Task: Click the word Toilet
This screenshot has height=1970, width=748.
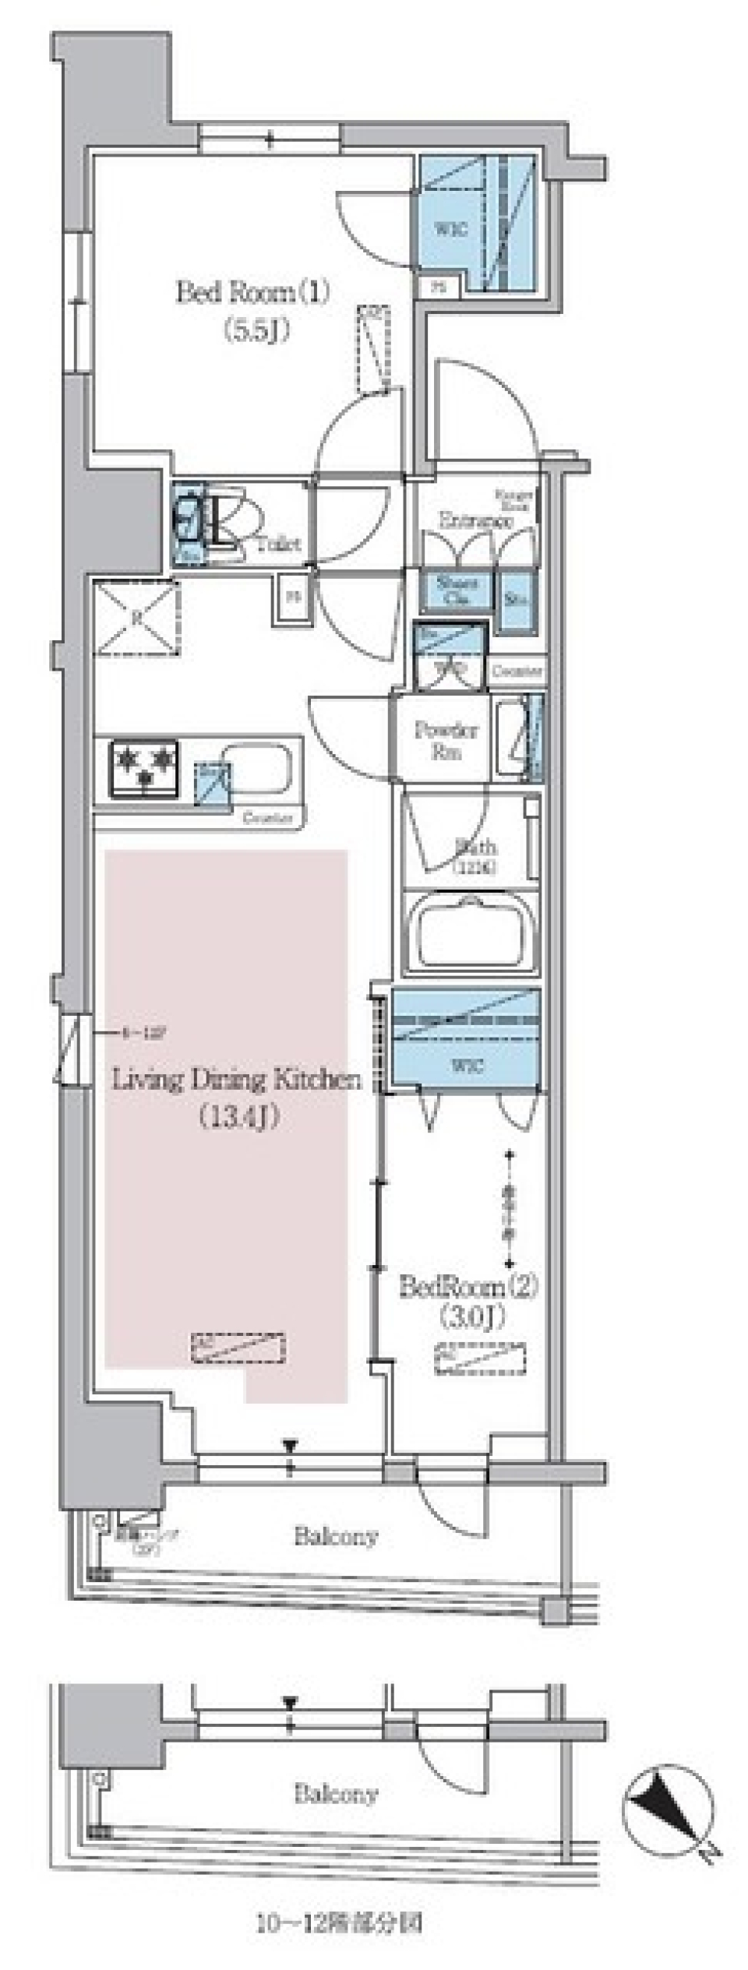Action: pyautogui.click(x=279, y=544)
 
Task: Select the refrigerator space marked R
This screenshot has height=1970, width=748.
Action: pyautogui.click(x=136, y=617)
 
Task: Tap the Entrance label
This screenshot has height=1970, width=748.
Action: pyautogui.click(x=475, y=520)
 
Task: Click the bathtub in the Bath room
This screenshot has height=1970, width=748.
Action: pyautogui.click(x=470, y=932)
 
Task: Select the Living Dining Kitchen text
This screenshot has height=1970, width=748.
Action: pyautogui.click(x=237, y=1080)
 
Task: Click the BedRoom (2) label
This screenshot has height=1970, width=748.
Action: pyautogui.click(x=468, y=1286)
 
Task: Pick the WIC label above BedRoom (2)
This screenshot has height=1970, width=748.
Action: pyautogui.click(x=465, y=1066)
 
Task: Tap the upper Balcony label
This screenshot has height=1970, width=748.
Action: pyautogui.click(x=336, y=1537)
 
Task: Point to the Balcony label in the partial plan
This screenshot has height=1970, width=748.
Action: pyautogui.click(x=336, y=1795)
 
